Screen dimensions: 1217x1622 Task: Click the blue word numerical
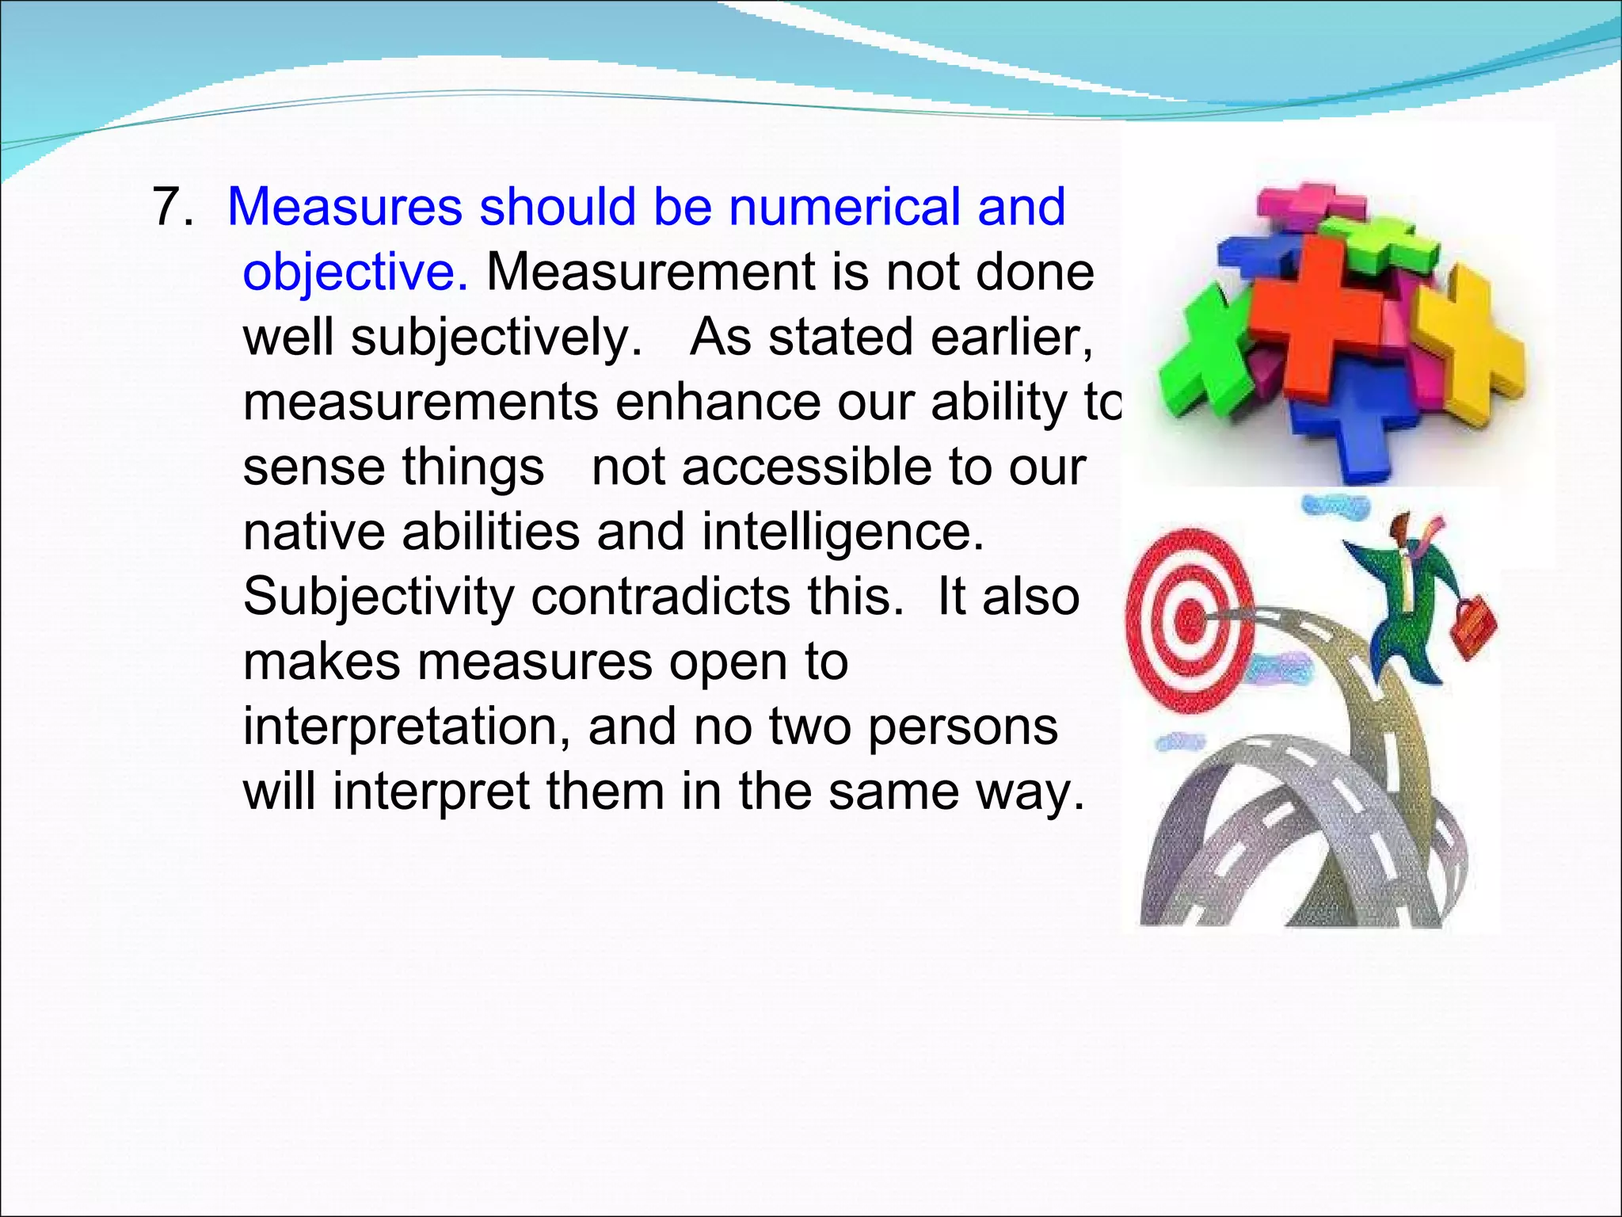(x=843, y=208)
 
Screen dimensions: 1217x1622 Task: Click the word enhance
(x=718, y=402)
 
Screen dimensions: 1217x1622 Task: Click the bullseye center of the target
(x=1188, y=619)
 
